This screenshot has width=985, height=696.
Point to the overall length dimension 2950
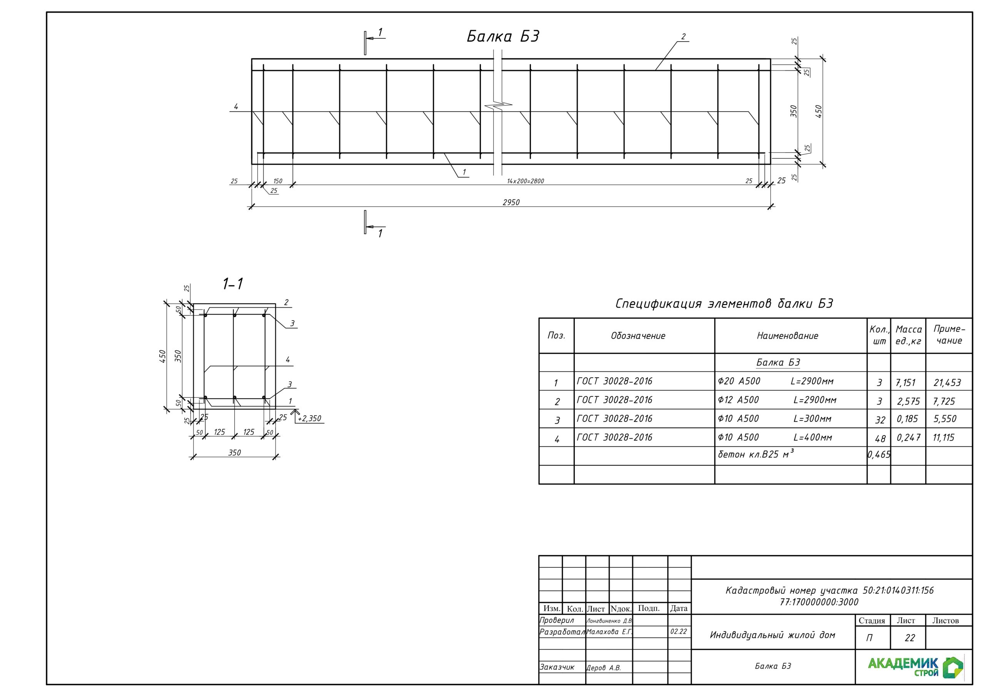click(x=511, y=202)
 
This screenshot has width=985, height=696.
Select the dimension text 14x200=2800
click(x=525, y=181)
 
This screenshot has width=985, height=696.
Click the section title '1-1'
click(x=232, y=284)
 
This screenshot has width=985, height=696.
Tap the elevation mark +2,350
click(x=309, y=418)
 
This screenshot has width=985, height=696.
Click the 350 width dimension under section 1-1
click(x=234, y=453)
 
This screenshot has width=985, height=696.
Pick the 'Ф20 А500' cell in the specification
click(x=739, y=381)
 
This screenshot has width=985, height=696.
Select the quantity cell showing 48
click(x=880, y=439)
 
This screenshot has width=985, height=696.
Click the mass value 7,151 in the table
click(x=906, y=383)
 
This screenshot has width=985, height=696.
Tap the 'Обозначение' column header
click(x=638, y=336)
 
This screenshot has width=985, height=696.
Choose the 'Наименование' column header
click(x=787, y=336)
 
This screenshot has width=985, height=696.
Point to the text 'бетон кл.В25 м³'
click(x=755, y=454)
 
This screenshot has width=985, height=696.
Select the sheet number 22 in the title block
click(x=910, y=638)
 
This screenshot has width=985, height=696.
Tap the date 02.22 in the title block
click(x=679, y=631)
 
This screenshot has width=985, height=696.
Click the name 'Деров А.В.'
click(x=604, y=668)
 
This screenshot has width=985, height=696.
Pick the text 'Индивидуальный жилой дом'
click(x=772, y=635)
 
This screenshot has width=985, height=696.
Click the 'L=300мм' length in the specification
click(x=812, y=418)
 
